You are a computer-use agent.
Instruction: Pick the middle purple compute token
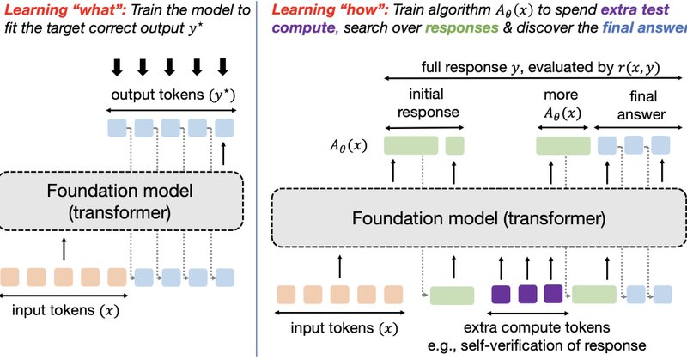pos(527,295)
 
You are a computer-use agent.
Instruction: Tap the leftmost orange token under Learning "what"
pos(10,278)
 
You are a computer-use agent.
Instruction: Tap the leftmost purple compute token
pos(501,295)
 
